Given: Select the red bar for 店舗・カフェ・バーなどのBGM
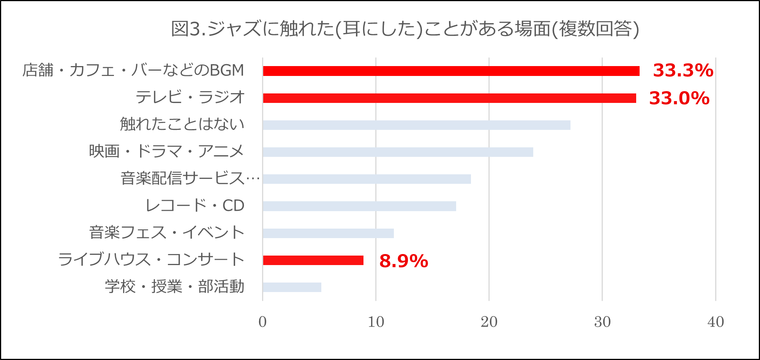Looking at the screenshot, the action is (x=451, y=71).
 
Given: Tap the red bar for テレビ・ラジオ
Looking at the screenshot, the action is (x=449, y=98).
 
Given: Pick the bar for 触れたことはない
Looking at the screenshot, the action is (x=417, y=125).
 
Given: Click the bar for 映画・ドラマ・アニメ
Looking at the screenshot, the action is (x=398, y=152).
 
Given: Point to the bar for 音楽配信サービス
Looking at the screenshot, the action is (x=367, y=179).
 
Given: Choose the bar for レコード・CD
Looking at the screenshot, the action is (x=359, y=206).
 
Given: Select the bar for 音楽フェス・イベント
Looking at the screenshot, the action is (x=328, y=233).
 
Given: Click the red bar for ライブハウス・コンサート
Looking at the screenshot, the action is (x=313, y=260).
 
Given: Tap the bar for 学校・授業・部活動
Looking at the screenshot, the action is (x=292, y=287).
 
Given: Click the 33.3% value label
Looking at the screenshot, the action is (x=683, y=70).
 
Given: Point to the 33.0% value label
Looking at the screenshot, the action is (x=679, y=98).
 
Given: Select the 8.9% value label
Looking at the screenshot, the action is (x=404, y=261).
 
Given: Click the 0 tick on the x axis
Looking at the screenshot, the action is (x=262, y=322).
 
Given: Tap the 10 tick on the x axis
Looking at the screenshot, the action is (x=376, y=322).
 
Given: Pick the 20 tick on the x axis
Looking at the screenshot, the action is (x=489, y=322).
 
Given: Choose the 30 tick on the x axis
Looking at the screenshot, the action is (x=602, y=322).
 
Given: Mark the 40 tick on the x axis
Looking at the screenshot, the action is (x=716, y=322).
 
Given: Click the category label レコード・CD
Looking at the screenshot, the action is (x=195, y=206).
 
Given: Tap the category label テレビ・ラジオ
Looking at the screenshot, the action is (x=190, y=98).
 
